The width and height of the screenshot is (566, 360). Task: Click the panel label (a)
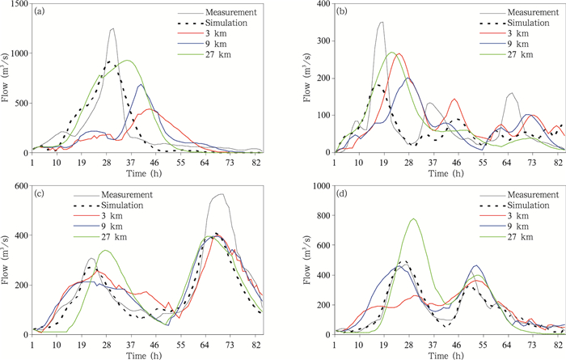(40, 11)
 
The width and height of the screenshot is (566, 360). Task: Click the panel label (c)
(40, 192)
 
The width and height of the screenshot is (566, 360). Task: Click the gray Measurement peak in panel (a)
(112, 29)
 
